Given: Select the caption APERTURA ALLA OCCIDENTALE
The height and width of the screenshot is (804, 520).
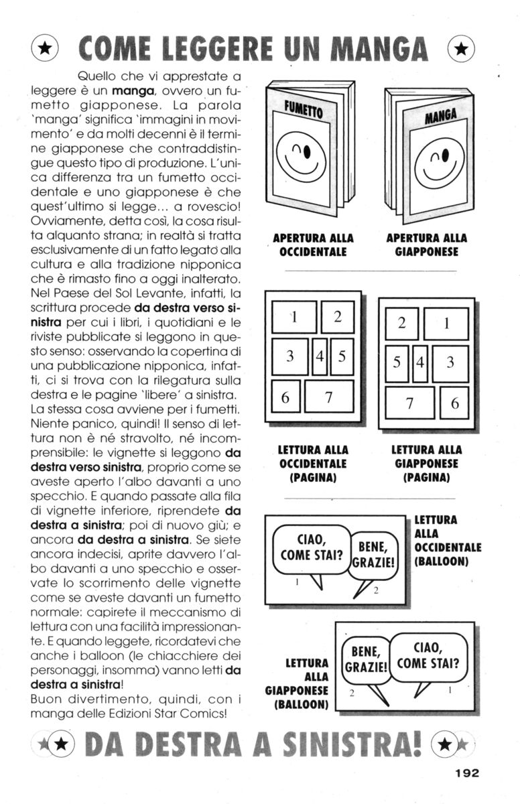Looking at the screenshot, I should coord(313,245).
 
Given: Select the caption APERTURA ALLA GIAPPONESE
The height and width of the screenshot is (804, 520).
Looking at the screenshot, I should coord(427,245).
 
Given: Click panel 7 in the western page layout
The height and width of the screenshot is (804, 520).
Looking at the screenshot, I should coord(329,397).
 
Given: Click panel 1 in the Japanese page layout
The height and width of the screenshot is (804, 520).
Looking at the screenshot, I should coord(446,324).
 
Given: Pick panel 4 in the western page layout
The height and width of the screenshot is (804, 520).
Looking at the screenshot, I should coord(320,356).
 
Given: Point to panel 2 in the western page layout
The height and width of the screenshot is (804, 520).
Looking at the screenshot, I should coord(338,316).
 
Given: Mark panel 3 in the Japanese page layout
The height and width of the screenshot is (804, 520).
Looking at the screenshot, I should coord(450,363).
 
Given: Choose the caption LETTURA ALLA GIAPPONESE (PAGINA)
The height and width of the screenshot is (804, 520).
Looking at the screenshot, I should coord(427,464).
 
